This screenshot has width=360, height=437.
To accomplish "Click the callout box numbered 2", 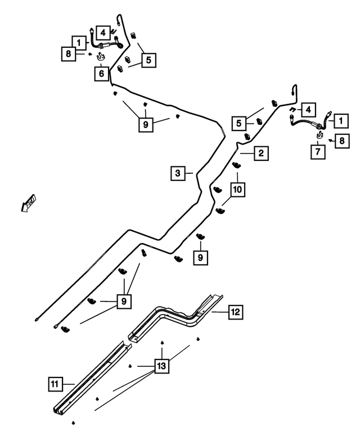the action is (261, 153).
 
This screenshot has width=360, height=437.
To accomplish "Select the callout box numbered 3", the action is (178, 173).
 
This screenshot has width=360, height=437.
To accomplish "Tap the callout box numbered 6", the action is (101, 74).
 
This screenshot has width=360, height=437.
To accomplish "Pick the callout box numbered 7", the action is (318, 152).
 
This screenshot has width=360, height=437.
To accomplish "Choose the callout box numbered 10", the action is (237, 190).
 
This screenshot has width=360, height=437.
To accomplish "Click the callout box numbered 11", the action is (55, 384).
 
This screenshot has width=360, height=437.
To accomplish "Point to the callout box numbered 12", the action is (236, 312).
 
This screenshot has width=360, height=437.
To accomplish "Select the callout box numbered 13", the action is (161, 366).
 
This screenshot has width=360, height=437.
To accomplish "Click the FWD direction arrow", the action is (29, 204).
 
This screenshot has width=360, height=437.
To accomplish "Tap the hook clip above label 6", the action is (100, 57).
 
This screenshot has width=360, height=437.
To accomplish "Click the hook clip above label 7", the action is (319, 135).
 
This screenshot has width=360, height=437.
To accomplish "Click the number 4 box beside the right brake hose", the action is (308, 110).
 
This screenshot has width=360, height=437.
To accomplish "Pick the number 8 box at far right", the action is (342, 141).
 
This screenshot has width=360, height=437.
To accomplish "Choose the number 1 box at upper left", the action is (79, 43).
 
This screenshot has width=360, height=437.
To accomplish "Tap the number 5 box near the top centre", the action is (148, 60).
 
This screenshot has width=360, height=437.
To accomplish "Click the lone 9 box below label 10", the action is (201, 258).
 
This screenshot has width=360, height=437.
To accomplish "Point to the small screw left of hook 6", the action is (90, 55).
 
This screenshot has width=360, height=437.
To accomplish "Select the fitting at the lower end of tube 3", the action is (37, 319).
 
